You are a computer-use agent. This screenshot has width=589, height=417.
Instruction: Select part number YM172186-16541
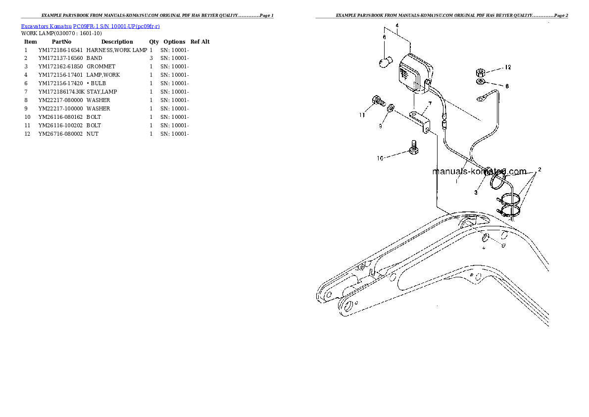point(60,50)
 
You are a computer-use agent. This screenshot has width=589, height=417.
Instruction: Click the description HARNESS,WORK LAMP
point(116,50)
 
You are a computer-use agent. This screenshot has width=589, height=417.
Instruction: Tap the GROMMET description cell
point(100,66)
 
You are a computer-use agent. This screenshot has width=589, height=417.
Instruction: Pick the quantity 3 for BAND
point(151,58)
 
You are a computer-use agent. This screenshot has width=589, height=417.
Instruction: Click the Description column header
point(117,42)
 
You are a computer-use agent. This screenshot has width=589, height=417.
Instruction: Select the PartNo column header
point(61,42)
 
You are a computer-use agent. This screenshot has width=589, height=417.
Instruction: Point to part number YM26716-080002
point(60,134)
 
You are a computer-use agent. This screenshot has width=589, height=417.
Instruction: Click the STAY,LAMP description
point(101,92)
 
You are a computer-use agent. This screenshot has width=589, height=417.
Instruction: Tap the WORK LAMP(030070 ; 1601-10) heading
point(61,33)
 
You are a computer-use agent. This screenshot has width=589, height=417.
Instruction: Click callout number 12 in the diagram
point(507,67)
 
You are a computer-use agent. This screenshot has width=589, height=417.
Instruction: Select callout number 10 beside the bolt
point(380,158)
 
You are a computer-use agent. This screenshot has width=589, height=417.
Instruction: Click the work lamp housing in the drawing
point(414,71)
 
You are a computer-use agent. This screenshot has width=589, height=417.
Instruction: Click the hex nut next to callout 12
point(480,71)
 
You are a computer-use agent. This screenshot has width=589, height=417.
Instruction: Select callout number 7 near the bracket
point(430,104)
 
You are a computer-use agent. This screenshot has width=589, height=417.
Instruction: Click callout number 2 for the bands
point(539,169)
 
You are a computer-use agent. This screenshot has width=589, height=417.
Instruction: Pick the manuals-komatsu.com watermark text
point(479,172)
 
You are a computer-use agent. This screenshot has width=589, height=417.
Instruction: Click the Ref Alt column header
point(200,42)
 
